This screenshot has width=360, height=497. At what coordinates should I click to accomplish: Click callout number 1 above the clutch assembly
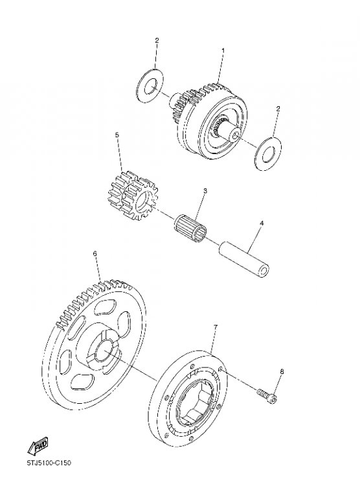[223, 50]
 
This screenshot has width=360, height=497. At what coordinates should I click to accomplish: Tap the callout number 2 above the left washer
[157, 40]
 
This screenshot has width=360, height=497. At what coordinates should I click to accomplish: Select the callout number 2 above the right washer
[278, 109]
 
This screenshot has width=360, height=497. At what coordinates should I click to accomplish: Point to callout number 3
[205, 191]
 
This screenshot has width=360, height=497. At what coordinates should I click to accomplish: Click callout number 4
[262, 223]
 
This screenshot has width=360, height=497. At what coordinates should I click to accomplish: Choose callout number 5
[117, 135]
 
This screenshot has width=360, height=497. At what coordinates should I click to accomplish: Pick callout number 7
[216, 327]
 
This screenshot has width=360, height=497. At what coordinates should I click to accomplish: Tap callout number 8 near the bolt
[282, 371]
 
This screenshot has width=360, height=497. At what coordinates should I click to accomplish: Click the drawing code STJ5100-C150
[49, 463]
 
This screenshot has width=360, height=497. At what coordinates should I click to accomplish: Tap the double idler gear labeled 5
[133, 196]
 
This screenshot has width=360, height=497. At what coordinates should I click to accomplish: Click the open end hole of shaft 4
[264, 270]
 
